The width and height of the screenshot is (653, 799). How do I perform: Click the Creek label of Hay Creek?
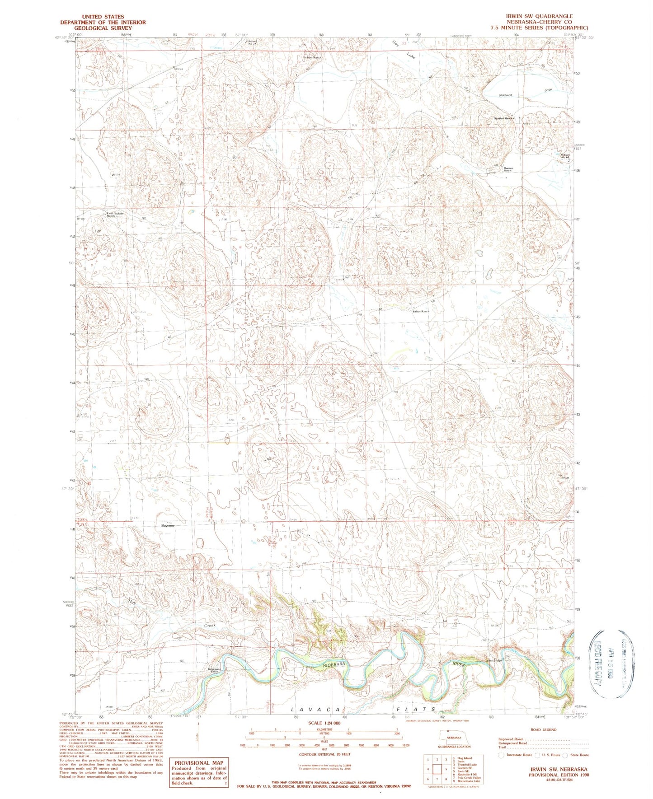coord(209,626)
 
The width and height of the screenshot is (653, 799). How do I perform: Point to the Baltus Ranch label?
coord(421,311)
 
